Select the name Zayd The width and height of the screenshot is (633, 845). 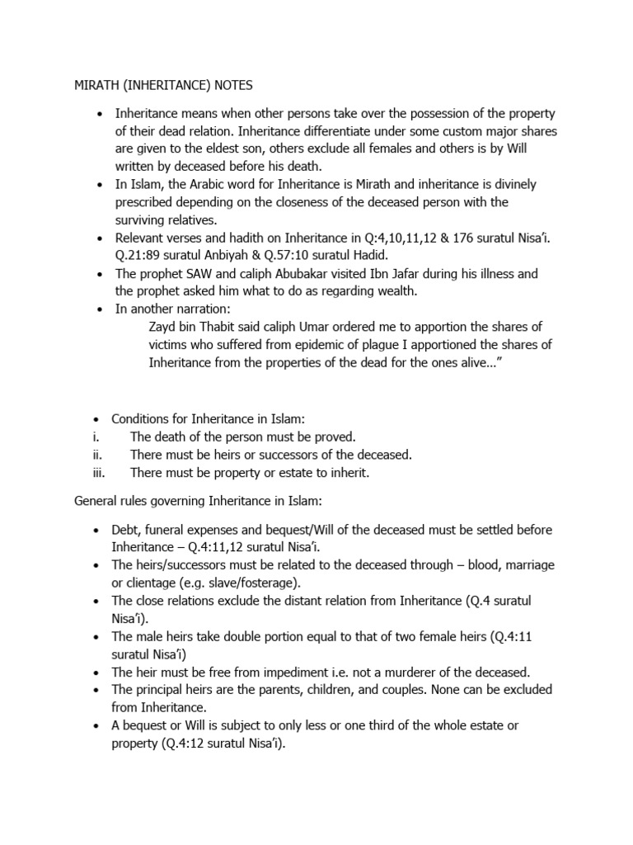point(163,326)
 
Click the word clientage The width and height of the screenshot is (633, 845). point(143,583)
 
